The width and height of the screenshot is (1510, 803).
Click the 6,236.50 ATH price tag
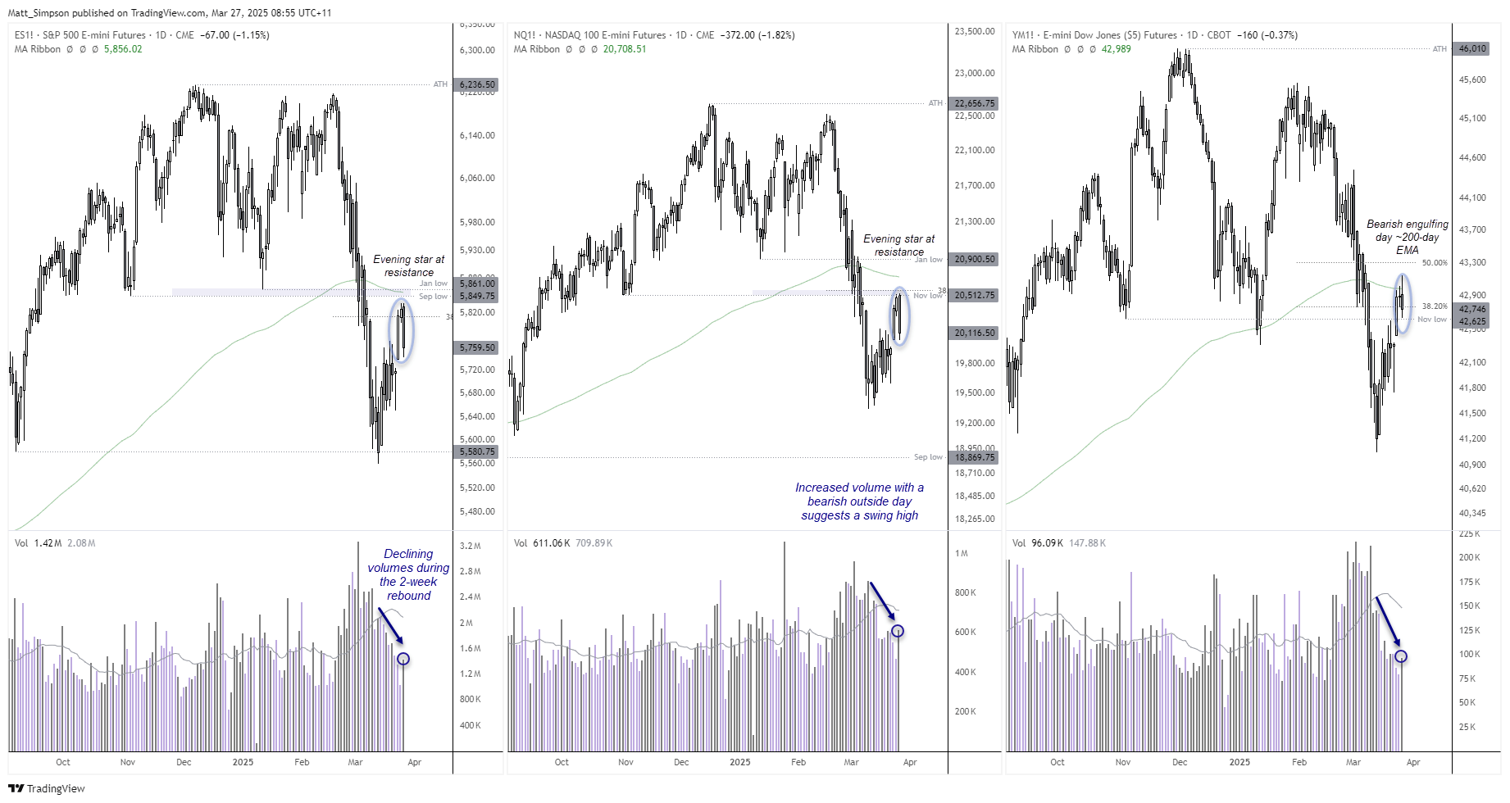click(x=477, y=84)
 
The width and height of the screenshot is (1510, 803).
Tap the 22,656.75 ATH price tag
click(x=975, y=103)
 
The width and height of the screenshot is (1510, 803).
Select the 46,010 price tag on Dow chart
click(x=1472, y=48)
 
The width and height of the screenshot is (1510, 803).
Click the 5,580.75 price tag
click(x=477, y=451)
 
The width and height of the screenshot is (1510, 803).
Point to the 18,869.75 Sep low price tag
click(x=975, y=457)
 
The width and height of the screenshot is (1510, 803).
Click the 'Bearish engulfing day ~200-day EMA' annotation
click(x=1407, y=237)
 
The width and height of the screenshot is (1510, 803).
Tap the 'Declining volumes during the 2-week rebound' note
click(x=408, y=574)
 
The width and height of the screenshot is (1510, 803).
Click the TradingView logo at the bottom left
click(x=47, y=788)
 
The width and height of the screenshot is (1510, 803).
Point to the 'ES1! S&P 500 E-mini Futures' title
click(x=80, y=35)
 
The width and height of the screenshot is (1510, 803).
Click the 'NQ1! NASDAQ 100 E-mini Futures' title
click(x=589, y=35)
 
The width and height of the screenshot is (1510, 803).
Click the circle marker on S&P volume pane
click(x=403, y=659)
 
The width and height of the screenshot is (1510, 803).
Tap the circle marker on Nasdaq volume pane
click(x=898, y=631)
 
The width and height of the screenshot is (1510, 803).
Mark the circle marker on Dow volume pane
click(x=1401, y=656)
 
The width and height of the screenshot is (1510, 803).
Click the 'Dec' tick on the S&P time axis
click(x=184, y=762)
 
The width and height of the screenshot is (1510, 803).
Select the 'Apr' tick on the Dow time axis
click(x=1413, y=762)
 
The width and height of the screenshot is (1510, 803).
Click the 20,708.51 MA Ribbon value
click(x=625, y=49)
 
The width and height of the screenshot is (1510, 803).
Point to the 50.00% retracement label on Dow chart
click(x=1435, y=263)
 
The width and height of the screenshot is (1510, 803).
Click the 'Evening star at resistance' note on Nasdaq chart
click(x=898, y=245)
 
